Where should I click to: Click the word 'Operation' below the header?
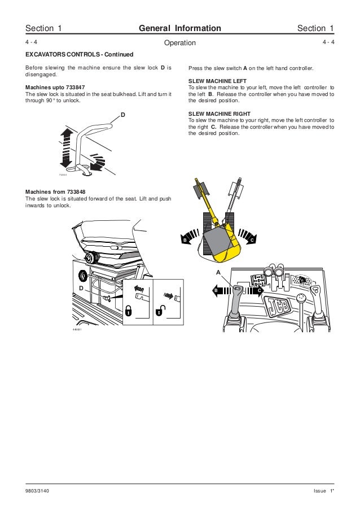coord(179,43)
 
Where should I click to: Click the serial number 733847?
coord(71,88)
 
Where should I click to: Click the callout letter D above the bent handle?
coord(122,115)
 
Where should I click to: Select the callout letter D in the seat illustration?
coord(81,287)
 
